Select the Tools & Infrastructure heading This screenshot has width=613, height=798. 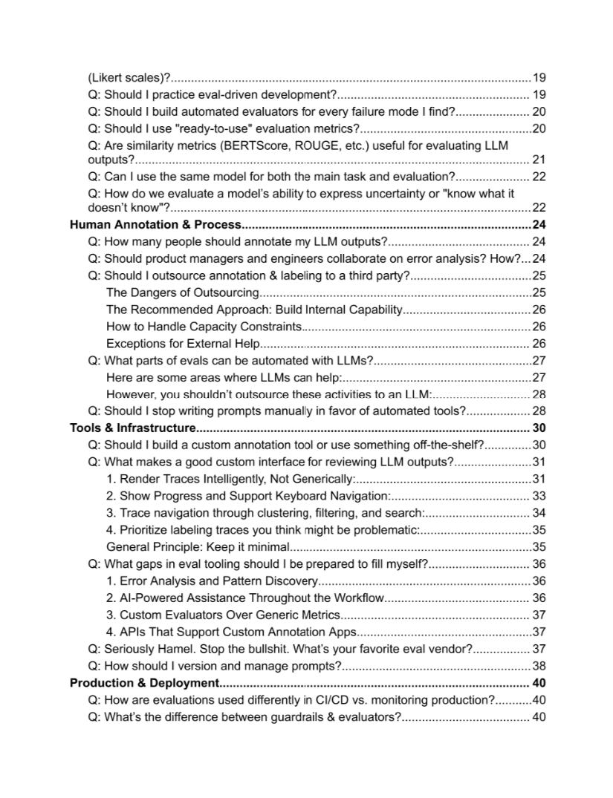click(132, 428)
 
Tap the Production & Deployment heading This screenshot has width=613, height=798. click(144, 683)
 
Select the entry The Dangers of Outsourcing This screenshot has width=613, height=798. click(182, 292)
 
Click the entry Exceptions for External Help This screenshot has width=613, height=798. click(183, 343)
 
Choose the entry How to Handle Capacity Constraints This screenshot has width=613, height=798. click(204, 326)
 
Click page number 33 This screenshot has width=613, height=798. click(539, 496)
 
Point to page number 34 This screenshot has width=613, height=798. click(539, 513)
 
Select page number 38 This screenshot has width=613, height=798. click(539, 666)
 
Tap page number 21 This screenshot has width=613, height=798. click(539, 160)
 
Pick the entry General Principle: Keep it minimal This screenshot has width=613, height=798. click(198, 547)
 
